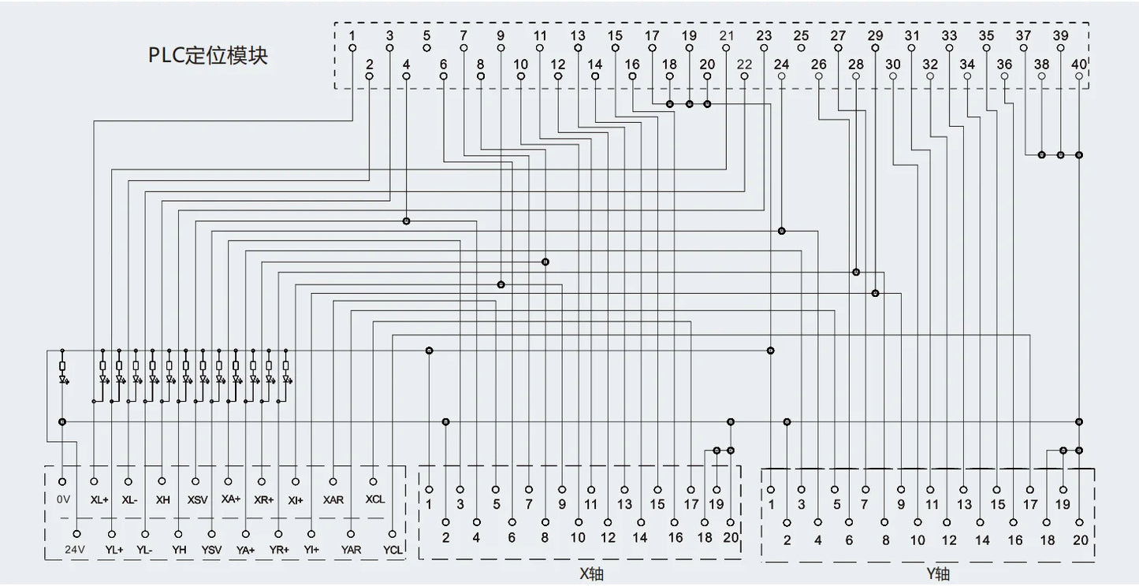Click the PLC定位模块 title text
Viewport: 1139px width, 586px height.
click(207, 55)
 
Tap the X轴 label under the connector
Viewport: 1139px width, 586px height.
click(591, 574)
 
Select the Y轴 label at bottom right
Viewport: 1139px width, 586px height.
click(938, 574)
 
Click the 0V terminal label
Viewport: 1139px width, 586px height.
click(63, 499)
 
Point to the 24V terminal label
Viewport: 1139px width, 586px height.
click(75, 550)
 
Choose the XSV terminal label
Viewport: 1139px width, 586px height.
click(197, 499)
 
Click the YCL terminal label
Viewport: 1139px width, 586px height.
click(393, 550)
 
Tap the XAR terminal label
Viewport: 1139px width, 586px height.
click(333, 499)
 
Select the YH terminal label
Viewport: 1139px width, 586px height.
click(179, 550)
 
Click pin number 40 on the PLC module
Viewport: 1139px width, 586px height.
click(1079, 65)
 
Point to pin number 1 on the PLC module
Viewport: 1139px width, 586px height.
click(352, 35)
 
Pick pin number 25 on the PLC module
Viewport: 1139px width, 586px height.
click(801, 35)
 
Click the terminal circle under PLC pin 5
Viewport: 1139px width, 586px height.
click(426, 48)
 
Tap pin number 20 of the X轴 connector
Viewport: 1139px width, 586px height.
click(731, 537)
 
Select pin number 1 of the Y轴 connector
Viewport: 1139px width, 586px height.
click(772, 504)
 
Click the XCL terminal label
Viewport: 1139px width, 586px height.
click(375, 499)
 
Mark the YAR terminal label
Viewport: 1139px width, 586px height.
click(351, 550)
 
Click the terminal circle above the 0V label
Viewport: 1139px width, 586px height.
click(62, 481)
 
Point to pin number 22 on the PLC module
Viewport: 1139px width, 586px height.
click(744, 65)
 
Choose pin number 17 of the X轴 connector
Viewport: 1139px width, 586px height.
click(691, 504)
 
